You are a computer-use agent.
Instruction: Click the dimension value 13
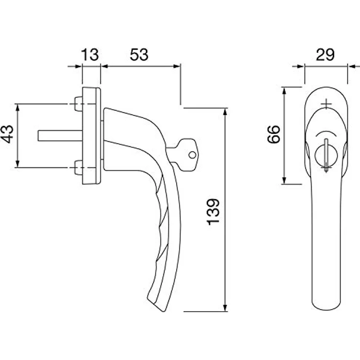(90, 55)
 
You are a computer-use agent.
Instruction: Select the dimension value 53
(139, 55)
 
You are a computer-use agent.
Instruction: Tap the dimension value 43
(7, 135)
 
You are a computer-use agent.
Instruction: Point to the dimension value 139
(213, 212)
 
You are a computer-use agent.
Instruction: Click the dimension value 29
(325, 55)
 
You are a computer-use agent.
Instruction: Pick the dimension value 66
(274, 135)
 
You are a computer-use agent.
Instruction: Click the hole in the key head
(192, 155)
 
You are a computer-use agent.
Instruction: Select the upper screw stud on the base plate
(79, 104)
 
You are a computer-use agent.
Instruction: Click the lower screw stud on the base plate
(79, 168)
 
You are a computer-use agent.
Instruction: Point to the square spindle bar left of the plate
(60, 135)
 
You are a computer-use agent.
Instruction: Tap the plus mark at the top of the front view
(326, 104)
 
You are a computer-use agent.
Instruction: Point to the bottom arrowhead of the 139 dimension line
(225, 308)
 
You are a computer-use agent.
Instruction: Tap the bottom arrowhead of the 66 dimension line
(284, 180)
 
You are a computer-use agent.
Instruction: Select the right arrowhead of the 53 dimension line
(177, 67)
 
